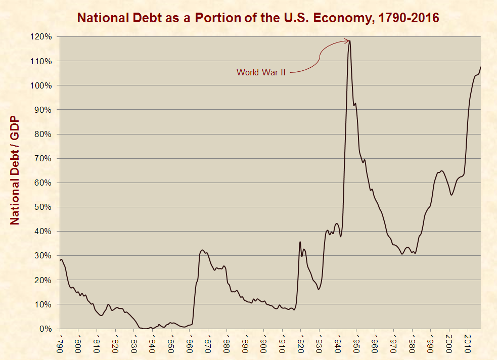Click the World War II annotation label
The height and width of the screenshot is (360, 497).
point(261,72)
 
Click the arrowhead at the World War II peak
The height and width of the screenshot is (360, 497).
point(348,40)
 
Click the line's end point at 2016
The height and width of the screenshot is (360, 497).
point(480,67)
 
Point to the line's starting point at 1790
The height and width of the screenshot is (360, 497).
point(60,261)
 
